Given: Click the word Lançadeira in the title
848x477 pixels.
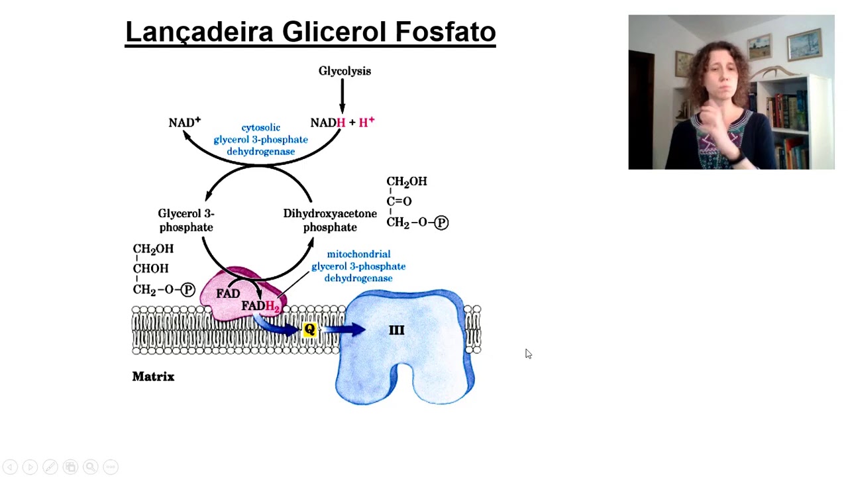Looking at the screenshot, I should (199, 32).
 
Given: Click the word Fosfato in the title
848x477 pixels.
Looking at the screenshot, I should (445, 32).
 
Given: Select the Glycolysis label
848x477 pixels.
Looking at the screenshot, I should (344, 71).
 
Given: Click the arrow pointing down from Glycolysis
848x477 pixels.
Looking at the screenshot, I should (343, 97).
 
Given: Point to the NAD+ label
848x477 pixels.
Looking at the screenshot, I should (184, 123).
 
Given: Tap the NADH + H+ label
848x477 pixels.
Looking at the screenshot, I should (342, 123).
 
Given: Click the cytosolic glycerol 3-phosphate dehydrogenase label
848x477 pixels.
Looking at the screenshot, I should (260, 139).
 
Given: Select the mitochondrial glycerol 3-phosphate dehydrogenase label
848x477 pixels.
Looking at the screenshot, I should (358, 266).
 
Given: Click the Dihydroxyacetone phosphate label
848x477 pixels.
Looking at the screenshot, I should (330, 220).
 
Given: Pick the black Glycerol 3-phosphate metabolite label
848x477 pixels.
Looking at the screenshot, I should (185, 220).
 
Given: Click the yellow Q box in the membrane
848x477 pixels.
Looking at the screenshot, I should (309, 329).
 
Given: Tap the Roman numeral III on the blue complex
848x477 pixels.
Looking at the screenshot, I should (396, 330).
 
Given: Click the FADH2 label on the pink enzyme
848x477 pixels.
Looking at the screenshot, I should (260, 306).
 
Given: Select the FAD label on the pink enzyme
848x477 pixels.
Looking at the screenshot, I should (228, 293).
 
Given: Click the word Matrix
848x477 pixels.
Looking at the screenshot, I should (153, 376).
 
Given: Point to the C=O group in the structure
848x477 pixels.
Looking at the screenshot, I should (399, 201).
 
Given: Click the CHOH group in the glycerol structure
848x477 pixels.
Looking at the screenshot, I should (151, 268).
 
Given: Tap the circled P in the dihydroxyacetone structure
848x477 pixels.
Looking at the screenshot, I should (441, 223).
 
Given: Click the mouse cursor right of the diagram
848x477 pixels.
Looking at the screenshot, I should (528, 354).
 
